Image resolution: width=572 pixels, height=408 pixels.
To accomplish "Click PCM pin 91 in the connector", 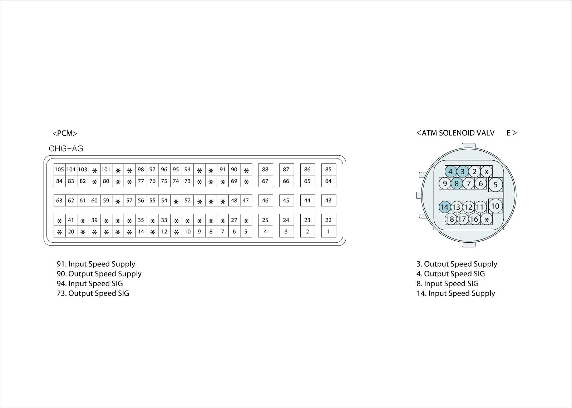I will pyautogui.click(x=222, y=170).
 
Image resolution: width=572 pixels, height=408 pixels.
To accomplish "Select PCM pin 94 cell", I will pyautogui.click(x=187, y=170).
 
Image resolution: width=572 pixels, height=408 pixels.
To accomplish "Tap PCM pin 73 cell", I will pyautogui.click(x=187, y=181).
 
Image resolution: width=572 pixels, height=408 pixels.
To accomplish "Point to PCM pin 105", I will pyautogui.click(x=59, y=170).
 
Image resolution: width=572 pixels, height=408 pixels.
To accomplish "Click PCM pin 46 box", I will pyautogui.click(x=265, y=201).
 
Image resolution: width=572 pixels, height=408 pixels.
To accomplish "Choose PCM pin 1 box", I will pyautogui.click(x=328, y=231).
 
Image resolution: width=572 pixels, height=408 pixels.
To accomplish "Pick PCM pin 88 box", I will pyautogui.click(x=265, y=170).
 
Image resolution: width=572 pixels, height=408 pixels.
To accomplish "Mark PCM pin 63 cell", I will pyautogui.click(x=59, y=201).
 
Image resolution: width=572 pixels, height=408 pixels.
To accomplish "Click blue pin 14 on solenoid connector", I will pyautogui.click(x=444, y=207).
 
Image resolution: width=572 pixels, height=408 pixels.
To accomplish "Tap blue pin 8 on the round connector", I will pyautogui.click(x=457, y=184).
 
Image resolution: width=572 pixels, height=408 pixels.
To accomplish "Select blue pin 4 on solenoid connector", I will pyautogui.click(x=450, y=172).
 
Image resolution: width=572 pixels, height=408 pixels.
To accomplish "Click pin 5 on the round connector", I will pyautogui.click(x=495, y=185).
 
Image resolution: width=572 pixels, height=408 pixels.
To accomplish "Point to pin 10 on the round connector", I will pyautogui.click(x=495, y=206).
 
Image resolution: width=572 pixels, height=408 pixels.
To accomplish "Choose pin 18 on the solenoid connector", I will pyautogui.click(x=450, y=219).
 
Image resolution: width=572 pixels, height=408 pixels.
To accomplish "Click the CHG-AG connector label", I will pyautogui.click(x=66, y=149).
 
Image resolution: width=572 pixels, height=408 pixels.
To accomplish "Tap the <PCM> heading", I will pyautogui.click(x=65, y=134).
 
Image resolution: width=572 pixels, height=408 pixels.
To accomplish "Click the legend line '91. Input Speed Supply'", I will pyautogui.click(x=96, y=264).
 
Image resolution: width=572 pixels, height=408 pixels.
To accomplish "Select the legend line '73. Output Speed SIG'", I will pyautogui.click(x=93, y=293).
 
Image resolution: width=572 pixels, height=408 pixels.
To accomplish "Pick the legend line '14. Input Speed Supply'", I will pyautogui.click(x=456, y=293).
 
